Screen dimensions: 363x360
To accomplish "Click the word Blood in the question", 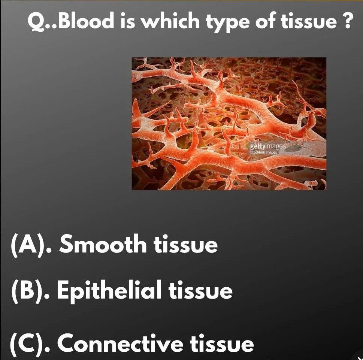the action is point(86,21).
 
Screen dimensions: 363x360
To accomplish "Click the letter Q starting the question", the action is point(36,22).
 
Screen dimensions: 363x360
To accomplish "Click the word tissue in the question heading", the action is point(309,21).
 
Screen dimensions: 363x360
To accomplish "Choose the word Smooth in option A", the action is point(103,244).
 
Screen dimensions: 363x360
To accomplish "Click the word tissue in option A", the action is point(185,244).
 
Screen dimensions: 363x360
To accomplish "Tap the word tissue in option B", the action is point(200,291).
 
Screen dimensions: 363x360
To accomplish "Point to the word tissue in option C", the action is point(222,344).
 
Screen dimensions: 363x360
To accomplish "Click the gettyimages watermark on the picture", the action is point(267,146).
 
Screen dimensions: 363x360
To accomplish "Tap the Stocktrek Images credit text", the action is point(263,152).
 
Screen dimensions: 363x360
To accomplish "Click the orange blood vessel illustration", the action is point(229,124).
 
